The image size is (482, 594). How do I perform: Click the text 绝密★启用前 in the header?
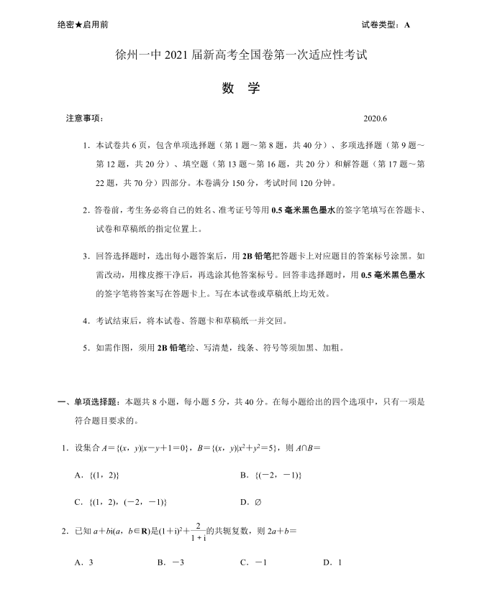click(83, 24)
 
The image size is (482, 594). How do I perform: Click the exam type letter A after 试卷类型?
click(407, 24)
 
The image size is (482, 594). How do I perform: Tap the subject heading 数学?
click(240, 90)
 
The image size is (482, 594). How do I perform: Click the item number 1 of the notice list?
click(85, 145)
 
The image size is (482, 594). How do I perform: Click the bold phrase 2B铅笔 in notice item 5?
click(173, 348)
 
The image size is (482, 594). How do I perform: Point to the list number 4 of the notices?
click(85, 320)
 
